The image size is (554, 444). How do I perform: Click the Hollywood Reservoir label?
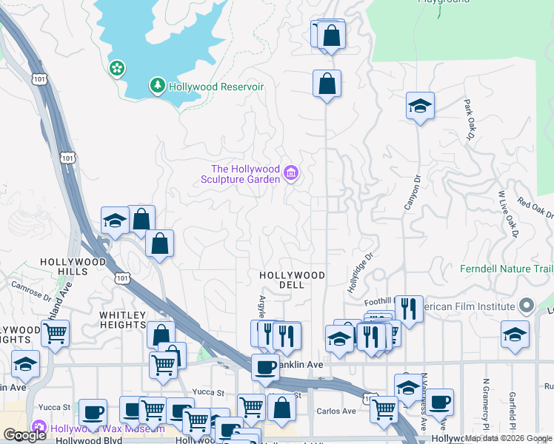pyautogui.click(x=216, y=87)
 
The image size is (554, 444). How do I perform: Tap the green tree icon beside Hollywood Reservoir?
pyautogui.click(x=157, y=87)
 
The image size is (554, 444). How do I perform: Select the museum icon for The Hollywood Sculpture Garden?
pyautogui.click(x=291, y=174)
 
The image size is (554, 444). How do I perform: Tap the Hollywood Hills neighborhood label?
pyautogui.click(x=73, y=266)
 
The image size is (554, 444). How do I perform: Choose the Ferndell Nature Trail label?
pyautogui.click(x=507, y=268)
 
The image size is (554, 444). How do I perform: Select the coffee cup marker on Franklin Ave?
pyautogui.click(x=265, y=368)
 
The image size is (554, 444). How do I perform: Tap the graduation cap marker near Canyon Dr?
pyautogui.click(x=420, y=106)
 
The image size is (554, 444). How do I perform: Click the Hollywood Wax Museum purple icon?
pyautogui.click(x=39, y=428)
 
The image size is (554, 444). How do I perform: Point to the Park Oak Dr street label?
pyautogui.click(x=469, y=120)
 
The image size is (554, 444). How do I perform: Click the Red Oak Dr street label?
pyautogui.click(x=535, y=209)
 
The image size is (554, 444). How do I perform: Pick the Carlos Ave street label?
pyautogui.click(x=336, y=411)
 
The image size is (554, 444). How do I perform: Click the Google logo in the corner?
pyautogui.click(x=25, y=435)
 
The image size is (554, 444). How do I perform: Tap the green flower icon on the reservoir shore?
pyautogui.click(x=117, y=69)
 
